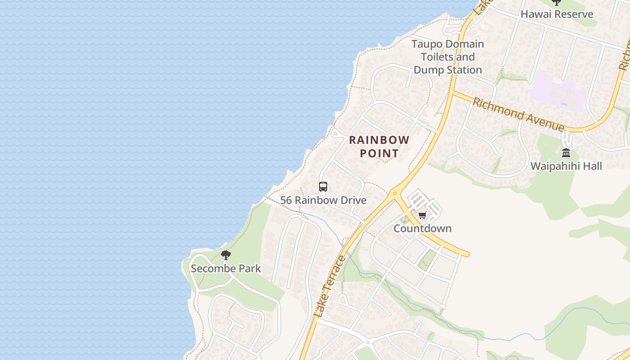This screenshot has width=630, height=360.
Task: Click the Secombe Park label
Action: coord(226,269)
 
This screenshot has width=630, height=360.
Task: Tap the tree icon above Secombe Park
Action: coord(226,256)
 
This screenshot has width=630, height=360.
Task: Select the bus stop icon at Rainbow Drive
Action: coord(323,186)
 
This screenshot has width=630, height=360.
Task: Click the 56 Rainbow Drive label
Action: coord(323,200)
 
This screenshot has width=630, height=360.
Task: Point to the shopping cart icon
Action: coord(422,216)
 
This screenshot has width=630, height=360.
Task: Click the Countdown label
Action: coord(422,229)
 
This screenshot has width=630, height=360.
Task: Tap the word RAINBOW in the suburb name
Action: coord(379,140)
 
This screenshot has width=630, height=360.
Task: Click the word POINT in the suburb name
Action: coord(379,153)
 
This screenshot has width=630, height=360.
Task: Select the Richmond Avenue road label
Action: coord(518,114)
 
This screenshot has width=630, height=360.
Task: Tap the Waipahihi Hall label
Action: coord(566,166)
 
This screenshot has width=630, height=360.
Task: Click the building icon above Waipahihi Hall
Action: coord(566,153)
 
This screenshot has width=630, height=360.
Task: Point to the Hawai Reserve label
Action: coord(557,14)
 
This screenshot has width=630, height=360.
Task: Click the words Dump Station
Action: coord(448,70)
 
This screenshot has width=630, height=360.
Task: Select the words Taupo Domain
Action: coord(448,44)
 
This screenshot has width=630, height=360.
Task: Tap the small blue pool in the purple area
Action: coord(564,104)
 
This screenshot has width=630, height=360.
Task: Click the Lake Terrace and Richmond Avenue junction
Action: coord(453,92)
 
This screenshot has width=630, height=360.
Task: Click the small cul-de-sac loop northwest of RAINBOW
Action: coord(335,133)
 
